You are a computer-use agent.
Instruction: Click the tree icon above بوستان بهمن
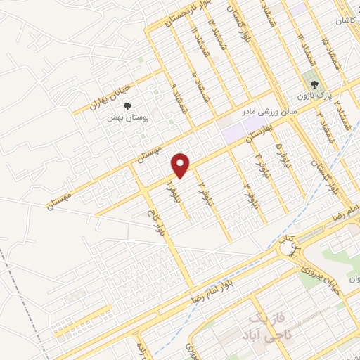pyautogui.click(x=127, y=106)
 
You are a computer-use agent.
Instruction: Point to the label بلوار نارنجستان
pyautogui.click(x=186, y=14)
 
